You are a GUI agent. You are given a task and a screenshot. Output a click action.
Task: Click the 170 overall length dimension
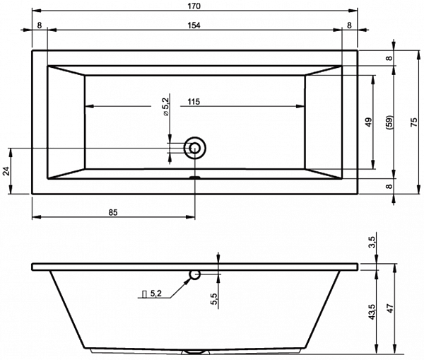click(x=194, y=6)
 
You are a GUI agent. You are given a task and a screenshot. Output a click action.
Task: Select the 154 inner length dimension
click(x=194, y=25)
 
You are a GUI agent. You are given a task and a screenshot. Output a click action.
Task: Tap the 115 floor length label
click(x=194, y=102)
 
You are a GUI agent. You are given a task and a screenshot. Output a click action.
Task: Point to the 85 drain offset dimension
click(x=113, y=213)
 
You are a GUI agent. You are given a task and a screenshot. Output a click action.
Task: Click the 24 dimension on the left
click(x=6, y=171)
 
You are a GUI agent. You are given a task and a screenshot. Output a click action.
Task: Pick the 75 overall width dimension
click(x=414, y=122)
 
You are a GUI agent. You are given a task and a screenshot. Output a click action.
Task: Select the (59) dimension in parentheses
click(x=390, y=122)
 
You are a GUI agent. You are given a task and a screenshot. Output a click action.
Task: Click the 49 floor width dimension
click(x=368, y=122)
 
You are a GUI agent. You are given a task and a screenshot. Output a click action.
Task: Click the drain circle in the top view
click(x=195, y=148)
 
